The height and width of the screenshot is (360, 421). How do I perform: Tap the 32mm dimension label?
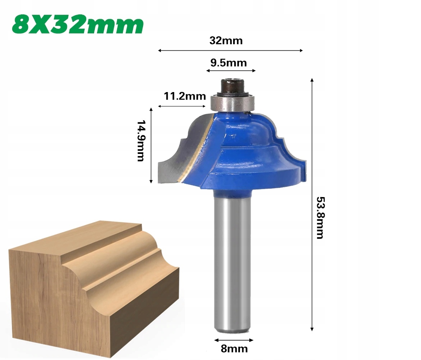tap(226, 41)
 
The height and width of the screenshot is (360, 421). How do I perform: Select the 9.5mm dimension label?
tap(228, 63)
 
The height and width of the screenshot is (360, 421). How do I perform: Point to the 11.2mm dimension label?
tap(185, 96)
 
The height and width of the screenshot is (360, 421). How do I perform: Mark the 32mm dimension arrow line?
tap(230, 51)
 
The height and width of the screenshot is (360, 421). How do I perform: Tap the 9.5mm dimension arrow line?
tap(231, 71)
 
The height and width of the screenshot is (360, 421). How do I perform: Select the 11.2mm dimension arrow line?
tap(181, 106)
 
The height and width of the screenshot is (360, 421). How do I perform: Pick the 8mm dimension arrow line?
tap(234, 340)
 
